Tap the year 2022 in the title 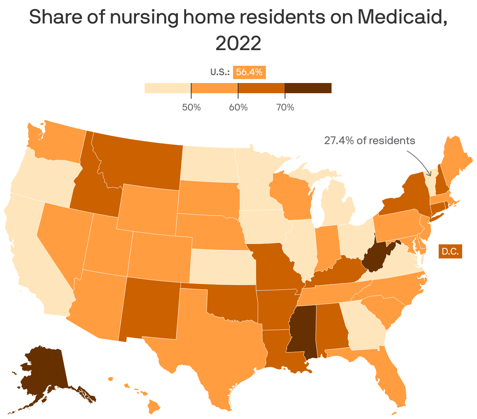(238, 43)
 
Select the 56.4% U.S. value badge (249, 72)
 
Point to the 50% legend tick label (191, 107)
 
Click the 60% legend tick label (238, 107)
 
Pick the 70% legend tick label (285, 107)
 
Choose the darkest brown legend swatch (308, 88)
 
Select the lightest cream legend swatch (167, 88)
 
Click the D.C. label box (450, 251)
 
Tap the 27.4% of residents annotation (369, 140)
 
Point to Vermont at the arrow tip (431, 182)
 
